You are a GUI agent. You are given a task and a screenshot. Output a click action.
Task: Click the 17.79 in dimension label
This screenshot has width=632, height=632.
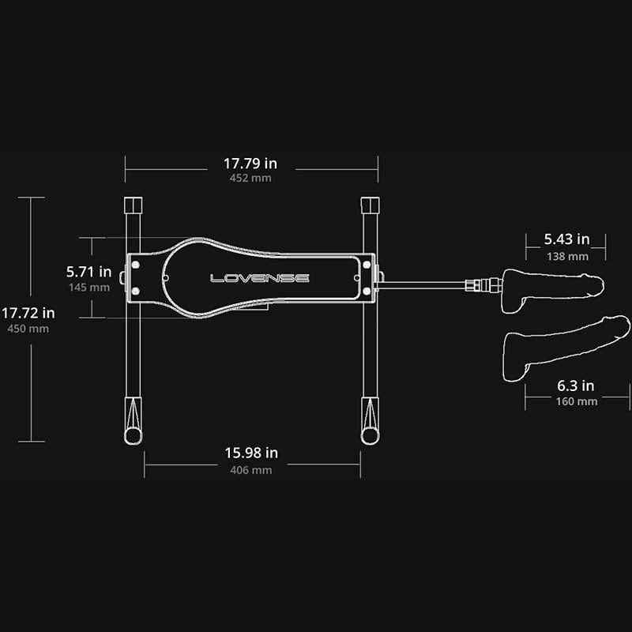[x=250, y=164]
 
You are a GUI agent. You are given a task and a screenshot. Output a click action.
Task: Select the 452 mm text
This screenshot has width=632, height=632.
[x=250, y=178]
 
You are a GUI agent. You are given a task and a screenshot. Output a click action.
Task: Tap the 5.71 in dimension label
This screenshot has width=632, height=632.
[x=88, y=272]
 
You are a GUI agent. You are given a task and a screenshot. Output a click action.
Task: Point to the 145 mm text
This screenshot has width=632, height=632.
[x=89, y=288]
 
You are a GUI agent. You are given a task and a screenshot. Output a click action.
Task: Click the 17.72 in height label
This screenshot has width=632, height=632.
[x=28, y=313]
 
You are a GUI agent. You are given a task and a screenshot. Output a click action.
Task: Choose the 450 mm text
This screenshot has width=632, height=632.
[x=28, y=329]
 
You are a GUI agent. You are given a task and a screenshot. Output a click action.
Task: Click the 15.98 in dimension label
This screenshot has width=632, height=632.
[x=251, y=453]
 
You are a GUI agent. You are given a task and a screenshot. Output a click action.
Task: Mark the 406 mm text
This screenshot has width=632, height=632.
[x=251, y=470]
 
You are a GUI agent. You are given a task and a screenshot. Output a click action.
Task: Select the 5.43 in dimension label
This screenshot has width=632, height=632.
[x=566, y=239]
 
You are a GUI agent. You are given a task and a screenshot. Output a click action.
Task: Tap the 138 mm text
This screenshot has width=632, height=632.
[x=567, y=256]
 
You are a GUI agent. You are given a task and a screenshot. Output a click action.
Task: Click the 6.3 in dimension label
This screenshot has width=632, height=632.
[x=576, y=386]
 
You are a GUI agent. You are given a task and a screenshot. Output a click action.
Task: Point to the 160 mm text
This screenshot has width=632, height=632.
[x=577, y=401]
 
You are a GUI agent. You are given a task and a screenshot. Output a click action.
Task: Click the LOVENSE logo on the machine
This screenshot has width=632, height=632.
[x=260, y=278]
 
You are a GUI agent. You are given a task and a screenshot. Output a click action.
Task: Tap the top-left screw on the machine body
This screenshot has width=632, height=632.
[x=136, y=265]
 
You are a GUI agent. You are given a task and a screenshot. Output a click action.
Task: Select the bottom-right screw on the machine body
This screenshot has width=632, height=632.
[x=367, y=291]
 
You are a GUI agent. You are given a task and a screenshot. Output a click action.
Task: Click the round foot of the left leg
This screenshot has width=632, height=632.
[x=133, y=436]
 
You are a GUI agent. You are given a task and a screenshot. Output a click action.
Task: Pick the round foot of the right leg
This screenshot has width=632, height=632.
[x=370, y=436]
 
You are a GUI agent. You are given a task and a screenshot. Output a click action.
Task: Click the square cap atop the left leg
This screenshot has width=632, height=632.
[x=133, y=205]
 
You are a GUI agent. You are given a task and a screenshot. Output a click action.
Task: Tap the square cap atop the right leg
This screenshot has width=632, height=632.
[x=370, y=205]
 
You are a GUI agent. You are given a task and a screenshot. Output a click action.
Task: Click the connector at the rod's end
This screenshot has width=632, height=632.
[x=483, y=285]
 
